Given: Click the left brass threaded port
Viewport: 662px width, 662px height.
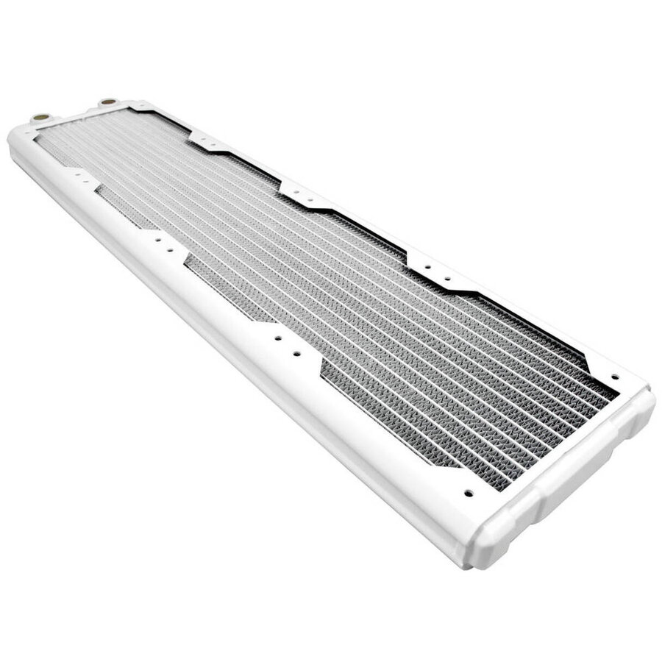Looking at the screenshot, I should coord(40,116).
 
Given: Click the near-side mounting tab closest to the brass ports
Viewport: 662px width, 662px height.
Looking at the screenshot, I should coord(82,177).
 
